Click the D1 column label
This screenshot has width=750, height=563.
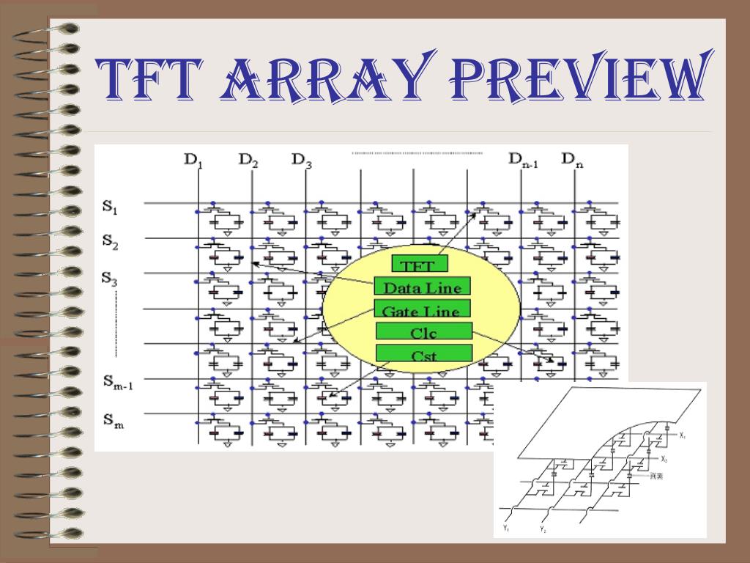[x=193, y=160]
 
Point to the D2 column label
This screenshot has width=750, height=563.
[x=248, y=160]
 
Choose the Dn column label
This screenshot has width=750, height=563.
[x=572, y=160]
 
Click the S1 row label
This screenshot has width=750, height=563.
[x=111, y=208]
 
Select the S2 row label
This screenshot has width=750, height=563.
[x=111, y=243]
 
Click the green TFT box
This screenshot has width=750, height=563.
[x=420, y=265]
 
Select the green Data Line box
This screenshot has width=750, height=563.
[x=422, y=287]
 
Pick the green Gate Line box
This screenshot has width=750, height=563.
[x=422, y=309]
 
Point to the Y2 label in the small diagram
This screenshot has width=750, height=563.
[x=543, y=529]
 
